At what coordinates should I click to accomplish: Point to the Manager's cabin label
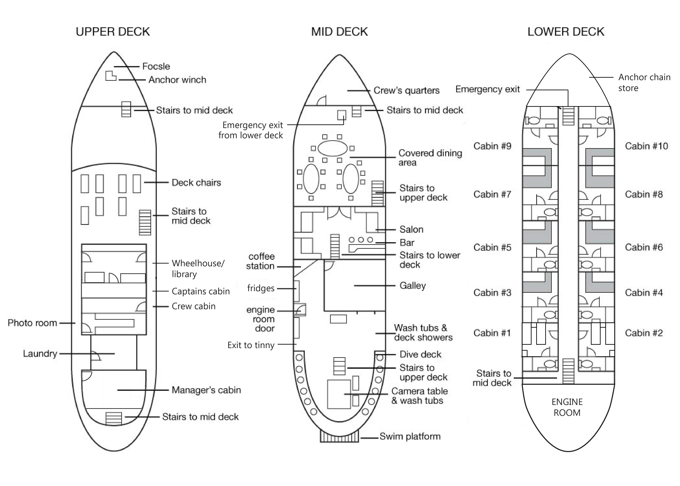[x=206, y=390]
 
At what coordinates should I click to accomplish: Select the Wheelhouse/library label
[x=198, y=268]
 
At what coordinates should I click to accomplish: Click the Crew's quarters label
[x=406, y=90]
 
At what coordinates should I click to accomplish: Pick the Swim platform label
[x=410, y=436]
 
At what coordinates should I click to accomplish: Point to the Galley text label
[x=412, y=285]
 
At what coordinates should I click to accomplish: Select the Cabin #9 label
[x=492, y=146]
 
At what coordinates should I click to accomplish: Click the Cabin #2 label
[x=643, y=333]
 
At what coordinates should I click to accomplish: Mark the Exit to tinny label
[x=251, y=345]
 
